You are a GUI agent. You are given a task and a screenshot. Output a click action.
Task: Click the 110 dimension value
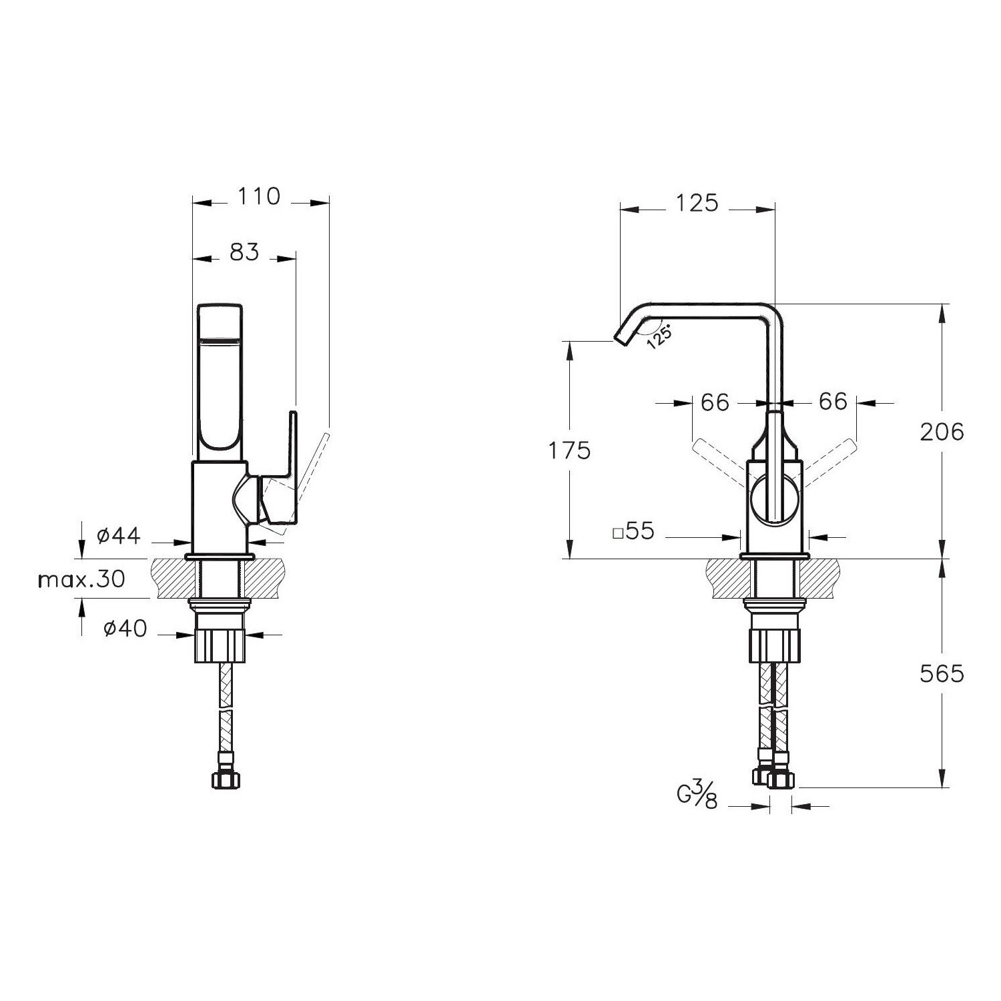click(259, 196)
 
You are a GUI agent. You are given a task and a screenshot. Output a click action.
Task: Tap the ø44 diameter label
click(118, 535)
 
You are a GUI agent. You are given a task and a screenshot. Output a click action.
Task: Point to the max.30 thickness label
click(81, 579)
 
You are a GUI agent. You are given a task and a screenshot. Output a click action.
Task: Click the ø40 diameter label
click(125, 628)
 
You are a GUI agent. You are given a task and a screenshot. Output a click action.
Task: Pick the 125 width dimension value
click(697, 202)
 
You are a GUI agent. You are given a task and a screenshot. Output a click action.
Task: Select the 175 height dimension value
click(569, 451)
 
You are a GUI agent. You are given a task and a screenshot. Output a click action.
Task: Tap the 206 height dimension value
click(942, 432)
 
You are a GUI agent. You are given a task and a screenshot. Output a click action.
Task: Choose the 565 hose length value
click(942, 674)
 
